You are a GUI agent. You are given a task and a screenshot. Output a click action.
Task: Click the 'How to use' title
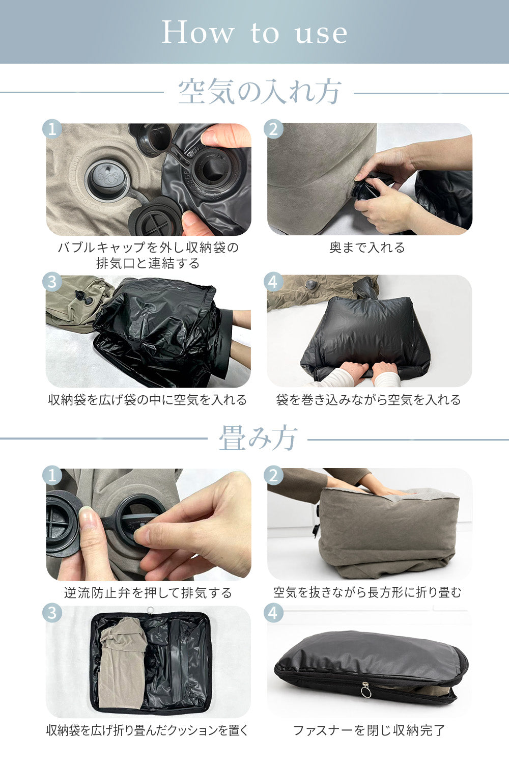254,33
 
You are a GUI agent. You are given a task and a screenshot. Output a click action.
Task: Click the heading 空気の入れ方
259,93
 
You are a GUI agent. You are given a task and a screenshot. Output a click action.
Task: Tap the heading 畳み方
258,439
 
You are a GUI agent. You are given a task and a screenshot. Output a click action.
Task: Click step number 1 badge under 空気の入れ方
52,129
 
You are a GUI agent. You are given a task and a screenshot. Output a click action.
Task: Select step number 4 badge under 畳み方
274,613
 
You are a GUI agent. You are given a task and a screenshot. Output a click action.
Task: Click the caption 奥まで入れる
367,248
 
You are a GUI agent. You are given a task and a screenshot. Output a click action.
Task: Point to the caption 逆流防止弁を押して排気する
148,593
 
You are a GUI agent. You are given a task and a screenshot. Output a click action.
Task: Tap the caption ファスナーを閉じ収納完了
369,730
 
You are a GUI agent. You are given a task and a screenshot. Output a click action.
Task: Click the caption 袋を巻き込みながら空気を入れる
369,400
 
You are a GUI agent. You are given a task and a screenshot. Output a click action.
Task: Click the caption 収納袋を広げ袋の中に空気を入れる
148,400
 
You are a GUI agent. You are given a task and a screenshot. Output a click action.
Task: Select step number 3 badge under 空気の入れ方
52,282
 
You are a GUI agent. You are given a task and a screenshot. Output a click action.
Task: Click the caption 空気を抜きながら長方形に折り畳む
367,593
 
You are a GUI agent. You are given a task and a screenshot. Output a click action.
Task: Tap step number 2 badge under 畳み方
274,475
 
